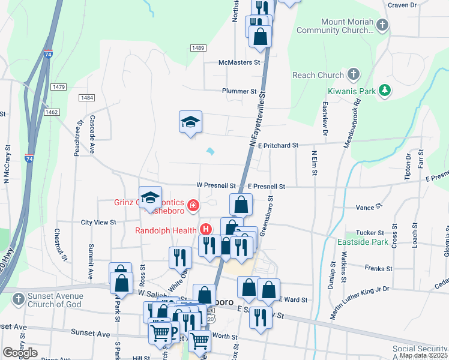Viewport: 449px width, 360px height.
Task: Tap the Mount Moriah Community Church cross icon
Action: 382,26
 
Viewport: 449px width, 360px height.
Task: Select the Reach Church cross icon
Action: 354,75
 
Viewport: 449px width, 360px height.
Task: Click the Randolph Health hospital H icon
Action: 206,229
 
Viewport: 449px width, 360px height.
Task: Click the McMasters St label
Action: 242,62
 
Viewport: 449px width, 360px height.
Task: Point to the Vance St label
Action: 366,207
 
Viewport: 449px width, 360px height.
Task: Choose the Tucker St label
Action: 370,233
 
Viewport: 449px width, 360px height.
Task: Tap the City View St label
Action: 98,223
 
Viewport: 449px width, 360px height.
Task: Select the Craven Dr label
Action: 402,5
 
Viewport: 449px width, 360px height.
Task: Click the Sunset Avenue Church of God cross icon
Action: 19,298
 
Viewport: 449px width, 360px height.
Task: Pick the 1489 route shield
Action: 198,48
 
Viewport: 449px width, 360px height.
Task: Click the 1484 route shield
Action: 87,98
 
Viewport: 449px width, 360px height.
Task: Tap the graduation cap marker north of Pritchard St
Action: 191,122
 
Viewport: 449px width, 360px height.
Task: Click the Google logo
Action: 20,353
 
